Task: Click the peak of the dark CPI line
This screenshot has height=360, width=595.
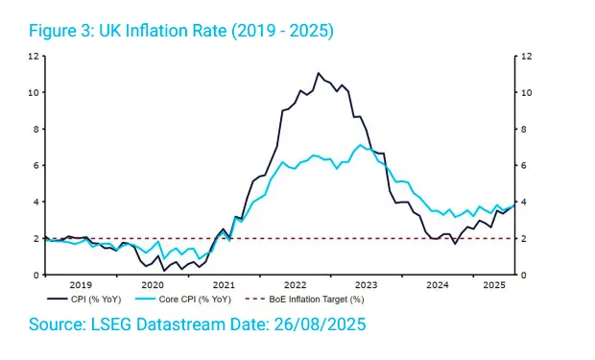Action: pos(318,73)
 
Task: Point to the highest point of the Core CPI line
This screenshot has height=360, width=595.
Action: pos(360,145)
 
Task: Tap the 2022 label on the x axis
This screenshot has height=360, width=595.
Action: pos(296,285)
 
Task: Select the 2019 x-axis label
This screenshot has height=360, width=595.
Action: pos(81,285)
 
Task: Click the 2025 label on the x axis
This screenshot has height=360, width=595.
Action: pos(494,285)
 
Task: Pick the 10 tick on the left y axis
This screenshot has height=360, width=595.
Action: pos(34,93)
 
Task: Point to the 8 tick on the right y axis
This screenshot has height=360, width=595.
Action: pos(524,129)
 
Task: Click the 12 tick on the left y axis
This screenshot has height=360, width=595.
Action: pos(34,57)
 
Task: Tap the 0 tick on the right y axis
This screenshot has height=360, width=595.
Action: pos(524,275)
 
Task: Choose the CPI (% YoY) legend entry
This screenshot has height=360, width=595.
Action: pos(84,300)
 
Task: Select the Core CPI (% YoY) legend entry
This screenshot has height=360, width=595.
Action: pos(183,300)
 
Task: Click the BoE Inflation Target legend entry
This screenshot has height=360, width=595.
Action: pos(305,300)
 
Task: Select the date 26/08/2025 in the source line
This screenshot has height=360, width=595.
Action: pos(320,324)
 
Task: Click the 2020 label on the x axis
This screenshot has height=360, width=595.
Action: pos(153,285)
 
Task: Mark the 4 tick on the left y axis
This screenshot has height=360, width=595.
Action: pos(36,202)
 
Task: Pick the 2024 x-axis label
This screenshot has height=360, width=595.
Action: pos(438,285)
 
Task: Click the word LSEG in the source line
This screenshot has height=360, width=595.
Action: pos(111,324)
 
